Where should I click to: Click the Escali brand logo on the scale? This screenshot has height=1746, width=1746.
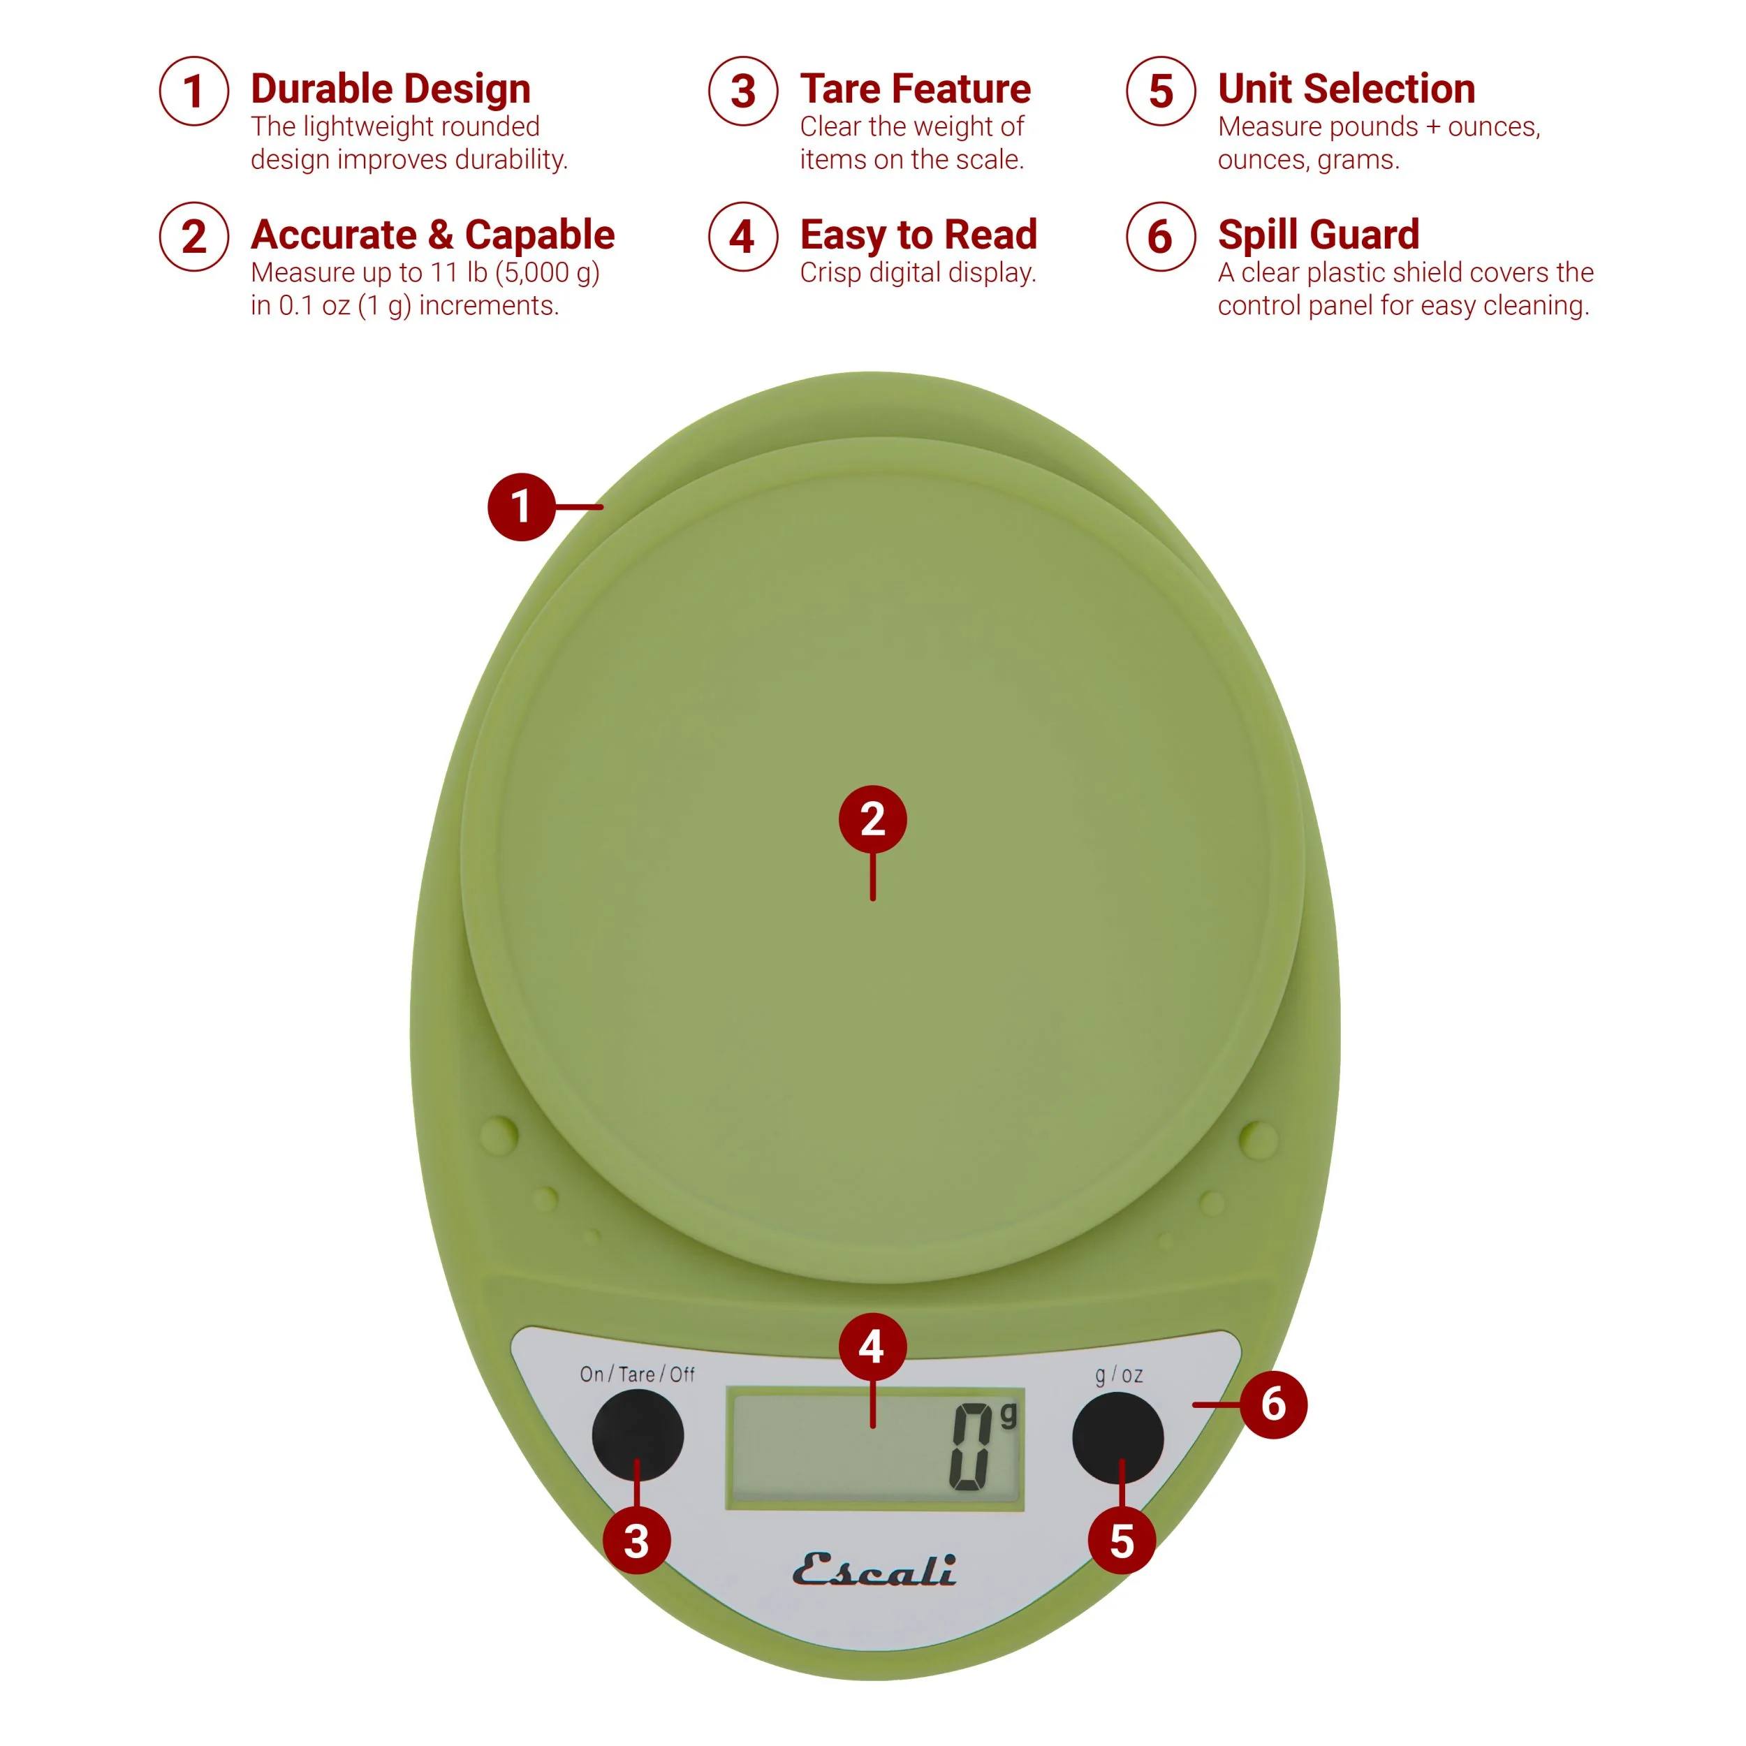(874, 1571)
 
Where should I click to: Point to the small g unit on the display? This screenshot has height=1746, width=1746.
(1008, 1415)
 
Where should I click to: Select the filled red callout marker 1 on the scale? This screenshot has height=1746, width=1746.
(520, 506)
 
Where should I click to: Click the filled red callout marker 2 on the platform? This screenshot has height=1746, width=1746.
(872, 819)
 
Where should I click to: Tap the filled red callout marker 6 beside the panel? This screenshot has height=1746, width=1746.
(1272, 1404)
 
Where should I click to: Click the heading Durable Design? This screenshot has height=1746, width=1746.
(390, 89)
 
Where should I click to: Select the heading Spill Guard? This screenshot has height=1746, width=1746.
(1318, 234)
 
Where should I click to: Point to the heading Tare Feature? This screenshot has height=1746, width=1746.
(915, 89)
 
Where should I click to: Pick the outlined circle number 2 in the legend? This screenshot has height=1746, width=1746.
(193, 237)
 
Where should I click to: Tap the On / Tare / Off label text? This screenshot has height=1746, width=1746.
(637, 1374)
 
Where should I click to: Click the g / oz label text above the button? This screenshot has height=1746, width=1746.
(1119, 1374)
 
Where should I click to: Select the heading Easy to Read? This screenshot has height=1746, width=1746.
(918, 234)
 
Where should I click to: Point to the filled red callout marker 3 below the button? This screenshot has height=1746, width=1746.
(636, 1541)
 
